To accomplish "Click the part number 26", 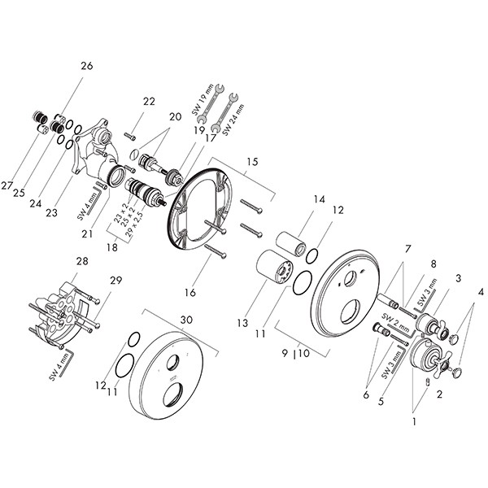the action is coord(87,66).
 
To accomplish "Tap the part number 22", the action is coord(149,102).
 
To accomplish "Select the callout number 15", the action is coord(253,162).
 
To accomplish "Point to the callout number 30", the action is coord(186,320).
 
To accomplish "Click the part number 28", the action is coord(82,261).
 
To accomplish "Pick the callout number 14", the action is coord(319,199).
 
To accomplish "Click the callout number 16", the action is coord(190,293).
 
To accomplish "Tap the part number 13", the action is coord(242,323).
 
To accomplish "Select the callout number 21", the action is coord(87,233).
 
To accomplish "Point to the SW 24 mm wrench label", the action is coord(233,120).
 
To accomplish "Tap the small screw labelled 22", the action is coord(130,136).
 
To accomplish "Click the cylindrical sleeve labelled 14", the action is coord(290,244).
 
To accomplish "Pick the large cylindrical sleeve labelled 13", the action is coord(275,266).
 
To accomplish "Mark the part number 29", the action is coord(115,281).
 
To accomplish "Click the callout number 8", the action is coord(434,264).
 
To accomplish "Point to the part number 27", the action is coord(7,185).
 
